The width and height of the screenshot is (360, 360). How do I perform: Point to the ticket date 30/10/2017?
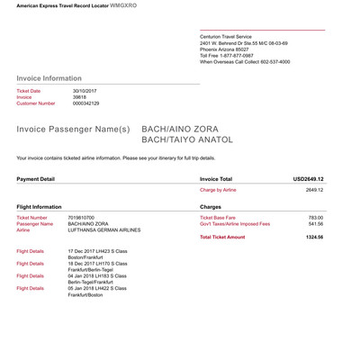pyautogui.click(x=84, y=91)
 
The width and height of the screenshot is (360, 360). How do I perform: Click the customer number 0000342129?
pyautogui.click(x=87, y=103)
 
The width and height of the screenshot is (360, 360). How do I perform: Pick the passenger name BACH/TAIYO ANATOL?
pyautogui.click(x=187, y=140)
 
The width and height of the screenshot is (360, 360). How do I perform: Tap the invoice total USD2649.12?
pyautogui.click(x=308, y=179)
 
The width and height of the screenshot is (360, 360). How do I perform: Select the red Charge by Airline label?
pyautogui.click(x=218, y=191)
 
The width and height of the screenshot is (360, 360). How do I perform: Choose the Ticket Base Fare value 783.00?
pyautogui.click(x=315, y=218)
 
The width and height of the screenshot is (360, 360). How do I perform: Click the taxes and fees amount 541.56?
pyautogui.click(x=315, y=224)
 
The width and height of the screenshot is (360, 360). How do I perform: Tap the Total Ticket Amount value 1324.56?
pyautogui.click(x=313, y=237)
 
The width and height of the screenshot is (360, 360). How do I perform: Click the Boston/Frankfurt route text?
pyautogui.click(x=87, y=256)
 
